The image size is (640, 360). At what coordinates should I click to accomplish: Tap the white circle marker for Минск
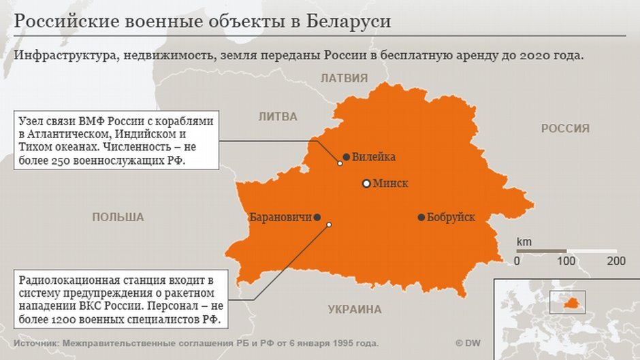(x=366, y=184)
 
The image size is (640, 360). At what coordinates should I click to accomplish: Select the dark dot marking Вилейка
(x=347, y=157)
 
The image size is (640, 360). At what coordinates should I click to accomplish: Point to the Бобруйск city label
(x=451, y=218)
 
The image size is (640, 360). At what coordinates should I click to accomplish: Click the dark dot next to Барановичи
(x=317, y=218)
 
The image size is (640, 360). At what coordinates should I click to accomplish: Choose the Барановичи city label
(x=281, y=218)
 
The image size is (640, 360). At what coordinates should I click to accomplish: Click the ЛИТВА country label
(x=278, y=117)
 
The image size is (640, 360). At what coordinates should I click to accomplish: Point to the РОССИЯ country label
(x=565, y=128)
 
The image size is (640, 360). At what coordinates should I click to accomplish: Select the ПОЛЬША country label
(x=118, y=217)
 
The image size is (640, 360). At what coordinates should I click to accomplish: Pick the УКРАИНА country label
(x=355, y=310)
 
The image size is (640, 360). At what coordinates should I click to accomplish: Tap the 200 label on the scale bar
(x=616, y=261)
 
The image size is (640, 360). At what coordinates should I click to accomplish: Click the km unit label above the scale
(x=524, y=242)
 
